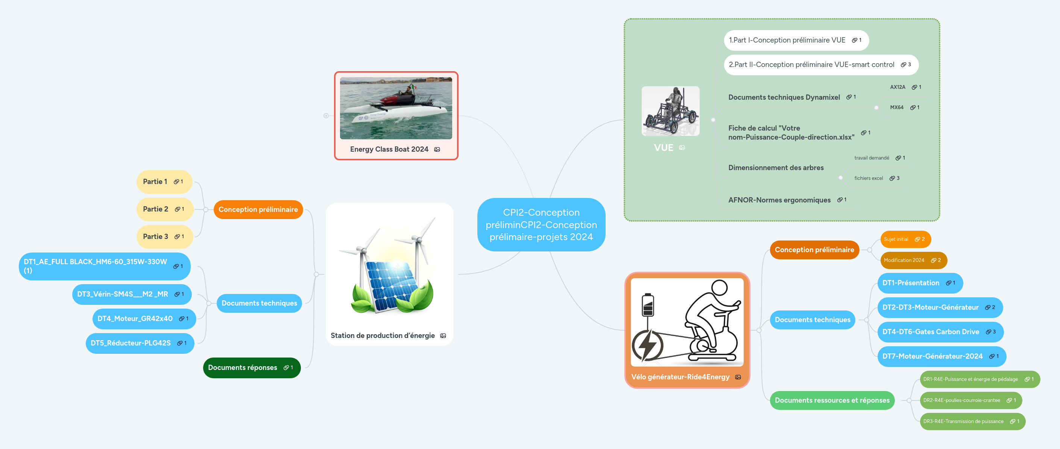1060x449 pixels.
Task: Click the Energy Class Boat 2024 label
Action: [x=389, y=149]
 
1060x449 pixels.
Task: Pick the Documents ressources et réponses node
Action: [x=832, y=400]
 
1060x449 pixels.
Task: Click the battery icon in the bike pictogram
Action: [x=648, y=305]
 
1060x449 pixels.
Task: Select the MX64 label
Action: [x=896, y=107]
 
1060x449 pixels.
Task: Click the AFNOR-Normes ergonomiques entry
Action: [x=779, y=200]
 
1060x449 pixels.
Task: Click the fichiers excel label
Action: [x=868, y=178]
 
